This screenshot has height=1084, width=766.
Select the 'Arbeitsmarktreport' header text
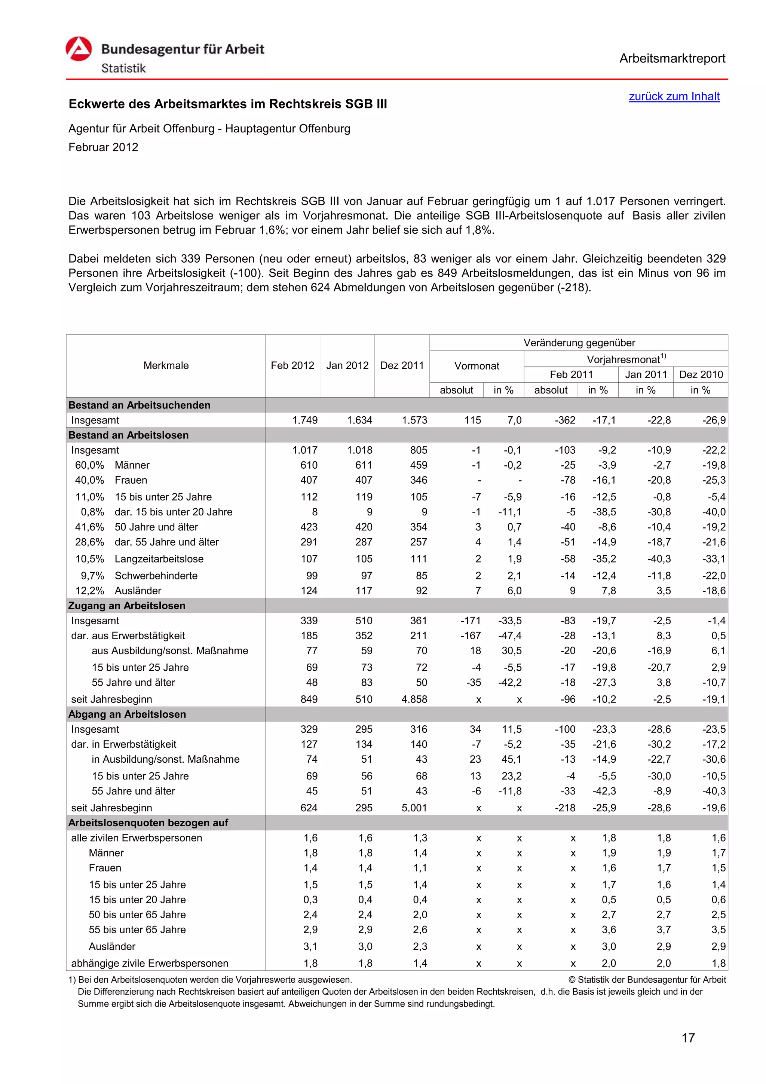[x=672, y=59]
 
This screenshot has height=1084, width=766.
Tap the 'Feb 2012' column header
[x=292, y=365]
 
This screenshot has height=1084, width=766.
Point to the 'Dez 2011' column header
[x=402, y=365]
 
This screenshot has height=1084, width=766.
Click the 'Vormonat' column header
[x=476, y=366]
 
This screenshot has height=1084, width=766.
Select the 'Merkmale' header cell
[x=166, y=365]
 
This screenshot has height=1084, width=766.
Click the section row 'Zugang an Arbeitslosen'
[x=127, y=605]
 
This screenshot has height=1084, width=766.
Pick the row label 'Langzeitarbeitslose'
[x=159, y=558]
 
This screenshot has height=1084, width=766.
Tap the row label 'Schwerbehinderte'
[x=156, y=576]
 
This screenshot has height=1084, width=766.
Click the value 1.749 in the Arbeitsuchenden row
[x=305, y=420]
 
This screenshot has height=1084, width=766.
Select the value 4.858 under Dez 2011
[x=414, y=699]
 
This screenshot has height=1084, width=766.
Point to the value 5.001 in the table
[x=414, y=808]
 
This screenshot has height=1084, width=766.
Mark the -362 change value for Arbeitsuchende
[x=565, y=420]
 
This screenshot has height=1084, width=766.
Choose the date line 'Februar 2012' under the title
[x=103, y=147]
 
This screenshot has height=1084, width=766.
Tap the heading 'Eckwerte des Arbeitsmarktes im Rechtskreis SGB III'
[x=227, y=104]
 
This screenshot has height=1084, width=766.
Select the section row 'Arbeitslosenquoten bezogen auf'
[x=148, y=823]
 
